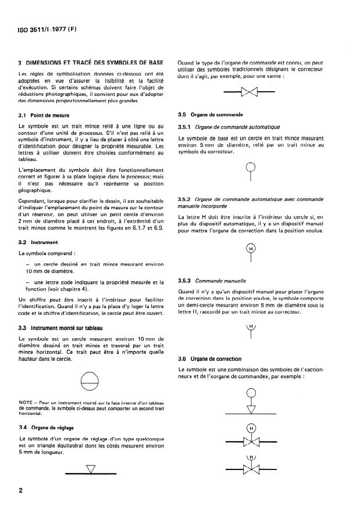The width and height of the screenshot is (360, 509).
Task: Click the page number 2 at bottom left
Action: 21,490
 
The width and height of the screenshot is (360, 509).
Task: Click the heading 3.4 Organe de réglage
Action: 48,427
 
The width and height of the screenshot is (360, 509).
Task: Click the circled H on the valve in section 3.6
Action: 251,429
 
